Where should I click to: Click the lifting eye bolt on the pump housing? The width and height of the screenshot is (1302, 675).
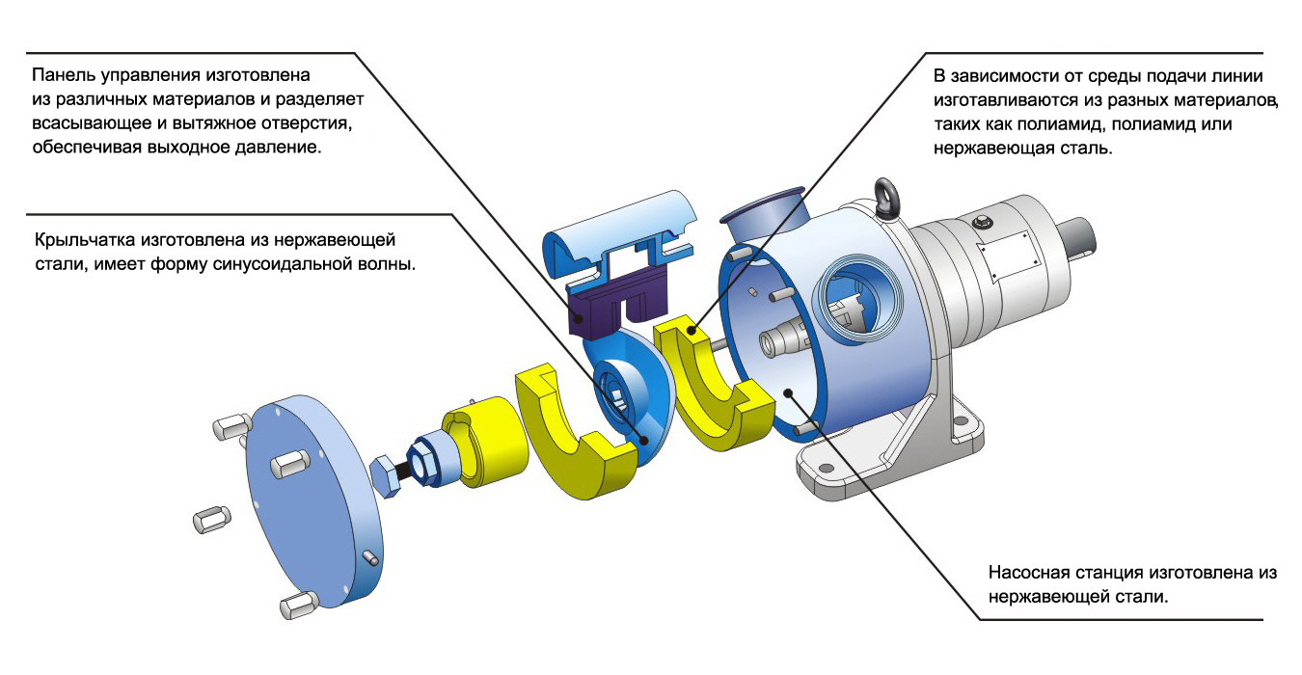point(887,199)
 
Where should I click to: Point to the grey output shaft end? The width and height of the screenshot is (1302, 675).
point(1077,238)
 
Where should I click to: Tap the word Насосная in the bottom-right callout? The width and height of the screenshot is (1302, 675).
point(1029,573)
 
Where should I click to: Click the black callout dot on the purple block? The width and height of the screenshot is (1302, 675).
point(579,318)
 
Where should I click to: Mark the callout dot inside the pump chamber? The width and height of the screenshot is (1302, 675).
point(788,393)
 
